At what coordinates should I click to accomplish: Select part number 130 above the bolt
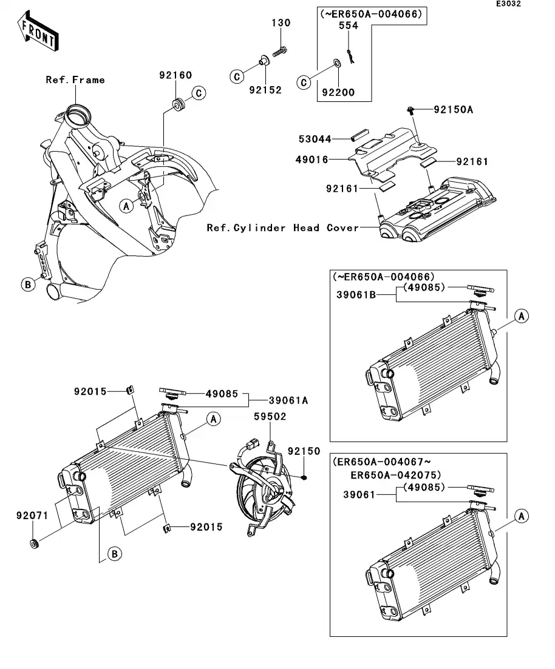pyautogui.click(x=281, y=23)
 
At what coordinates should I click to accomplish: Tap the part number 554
pyautogui.click(x=348, y=26)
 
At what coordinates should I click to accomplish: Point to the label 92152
pyautogui.click(x=265, y=90)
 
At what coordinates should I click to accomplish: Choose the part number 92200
pyautogui.click(x=338, y=93)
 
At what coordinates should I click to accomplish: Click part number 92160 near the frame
pyautogui.click(x=175, y=76)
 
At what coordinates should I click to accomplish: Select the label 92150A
pyautogui.click(x=452, y=110)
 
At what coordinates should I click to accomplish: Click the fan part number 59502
pyautogui.click(x=270, y=417)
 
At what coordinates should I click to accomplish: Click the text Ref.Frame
pyautogui.click(x=75, y=79)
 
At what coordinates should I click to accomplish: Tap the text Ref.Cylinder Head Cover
pyautogui.click(x=282, y=228)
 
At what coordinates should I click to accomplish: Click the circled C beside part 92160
pyautogui.click(x=199, y=93)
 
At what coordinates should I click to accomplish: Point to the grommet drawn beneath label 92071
pyautogui.click(x=35, y=542)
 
